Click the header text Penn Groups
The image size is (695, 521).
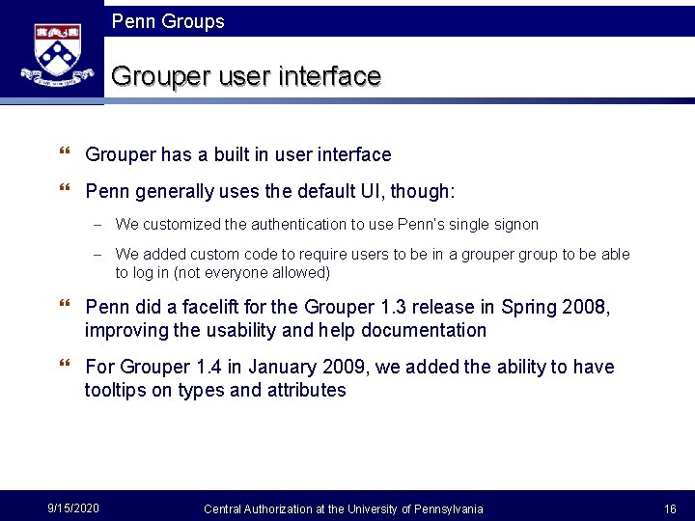[x=168, y=21]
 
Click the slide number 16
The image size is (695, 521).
[x=670, y=508]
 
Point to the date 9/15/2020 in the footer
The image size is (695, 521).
[x=72, y=508]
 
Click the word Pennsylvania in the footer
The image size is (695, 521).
[x=448, y=508]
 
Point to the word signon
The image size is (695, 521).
[x=515, y=224]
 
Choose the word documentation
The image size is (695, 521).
[x=427, y=330]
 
